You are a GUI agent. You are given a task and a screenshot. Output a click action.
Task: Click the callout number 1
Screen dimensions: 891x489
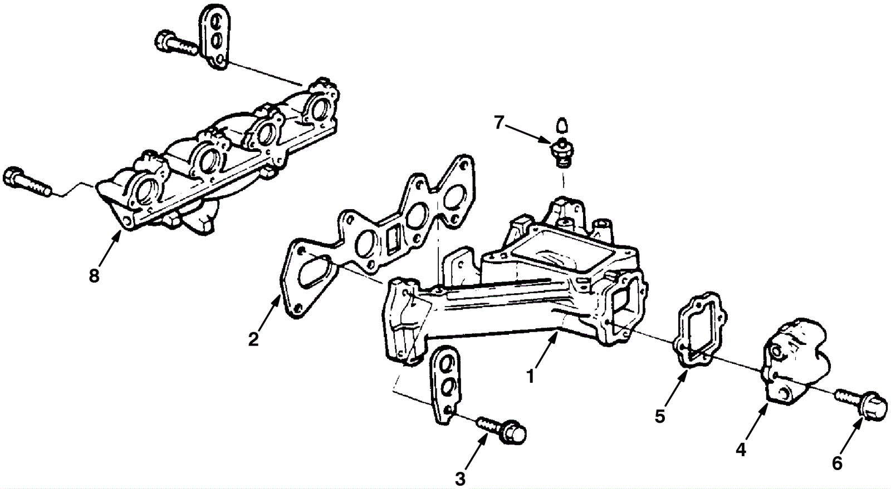tap(531, 376)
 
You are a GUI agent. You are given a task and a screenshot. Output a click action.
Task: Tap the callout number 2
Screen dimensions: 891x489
tap(253, 339)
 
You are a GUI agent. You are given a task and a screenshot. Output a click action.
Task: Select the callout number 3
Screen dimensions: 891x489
tap(460, 478)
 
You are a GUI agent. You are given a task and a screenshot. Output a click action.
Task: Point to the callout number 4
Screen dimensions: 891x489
tap(740, 449)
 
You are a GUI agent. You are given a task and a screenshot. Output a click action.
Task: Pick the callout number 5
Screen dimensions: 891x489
tap(660, 416)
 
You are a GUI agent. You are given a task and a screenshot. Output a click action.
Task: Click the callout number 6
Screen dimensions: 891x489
tap(837, 462)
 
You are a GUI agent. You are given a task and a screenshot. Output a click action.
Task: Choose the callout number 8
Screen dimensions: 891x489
tap(94, 275)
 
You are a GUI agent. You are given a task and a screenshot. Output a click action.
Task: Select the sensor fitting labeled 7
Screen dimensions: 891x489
tap(563, 153)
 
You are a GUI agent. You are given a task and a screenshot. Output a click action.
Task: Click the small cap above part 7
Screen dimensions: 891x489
tap(562, 125)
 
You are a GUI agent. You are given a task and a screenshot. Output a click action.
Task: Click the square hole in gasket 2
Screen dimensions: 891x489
tap(393, 239)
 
